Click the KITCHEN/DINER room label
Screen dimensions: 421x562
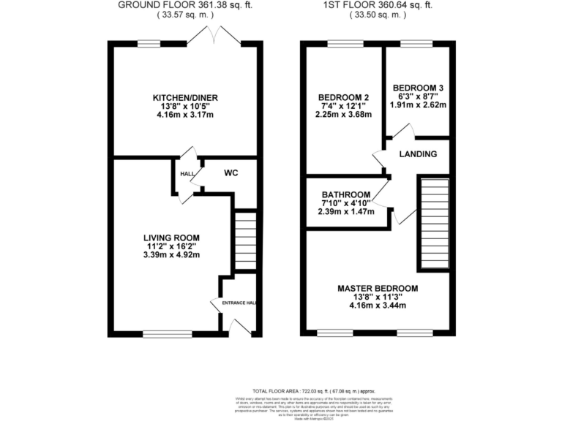(x=185, y=98)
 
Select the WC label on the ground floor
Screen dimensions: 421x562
(x=231, y=174)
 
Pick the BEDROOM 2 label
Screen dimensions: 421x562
(x=342, y=98)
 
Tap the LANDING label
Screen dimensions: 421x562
(x=418, y=154)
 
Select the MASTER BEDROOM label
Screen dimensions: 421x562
(x=378, y=289)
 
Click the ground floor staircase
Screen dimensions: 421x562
(x=245, y=240)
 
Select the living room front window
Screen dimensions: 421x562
(x=158, y=334)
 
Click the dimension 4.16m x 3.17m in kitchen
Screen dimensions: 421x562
(x=185, y=115)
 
